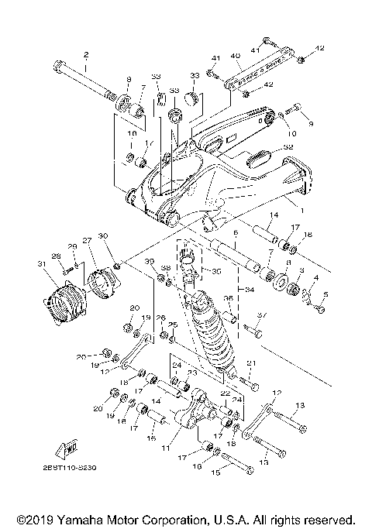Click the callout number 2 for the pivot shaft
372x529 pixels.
pos(85,54)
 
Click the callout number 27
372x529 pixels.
pos(87,241)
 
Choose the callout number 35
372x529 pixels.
pos(216,273)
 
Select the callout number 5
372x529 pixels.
pos(325,294)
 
